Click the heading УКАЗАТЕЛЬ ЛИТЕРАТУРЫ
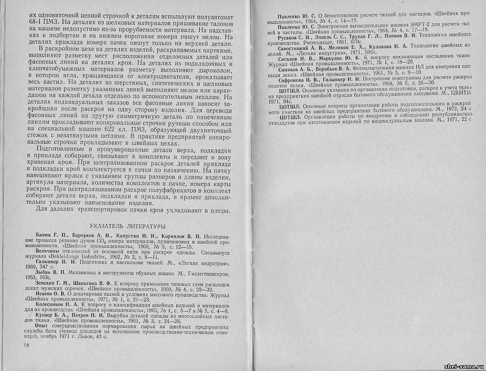pyautogui.click(x=128, y=226)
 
